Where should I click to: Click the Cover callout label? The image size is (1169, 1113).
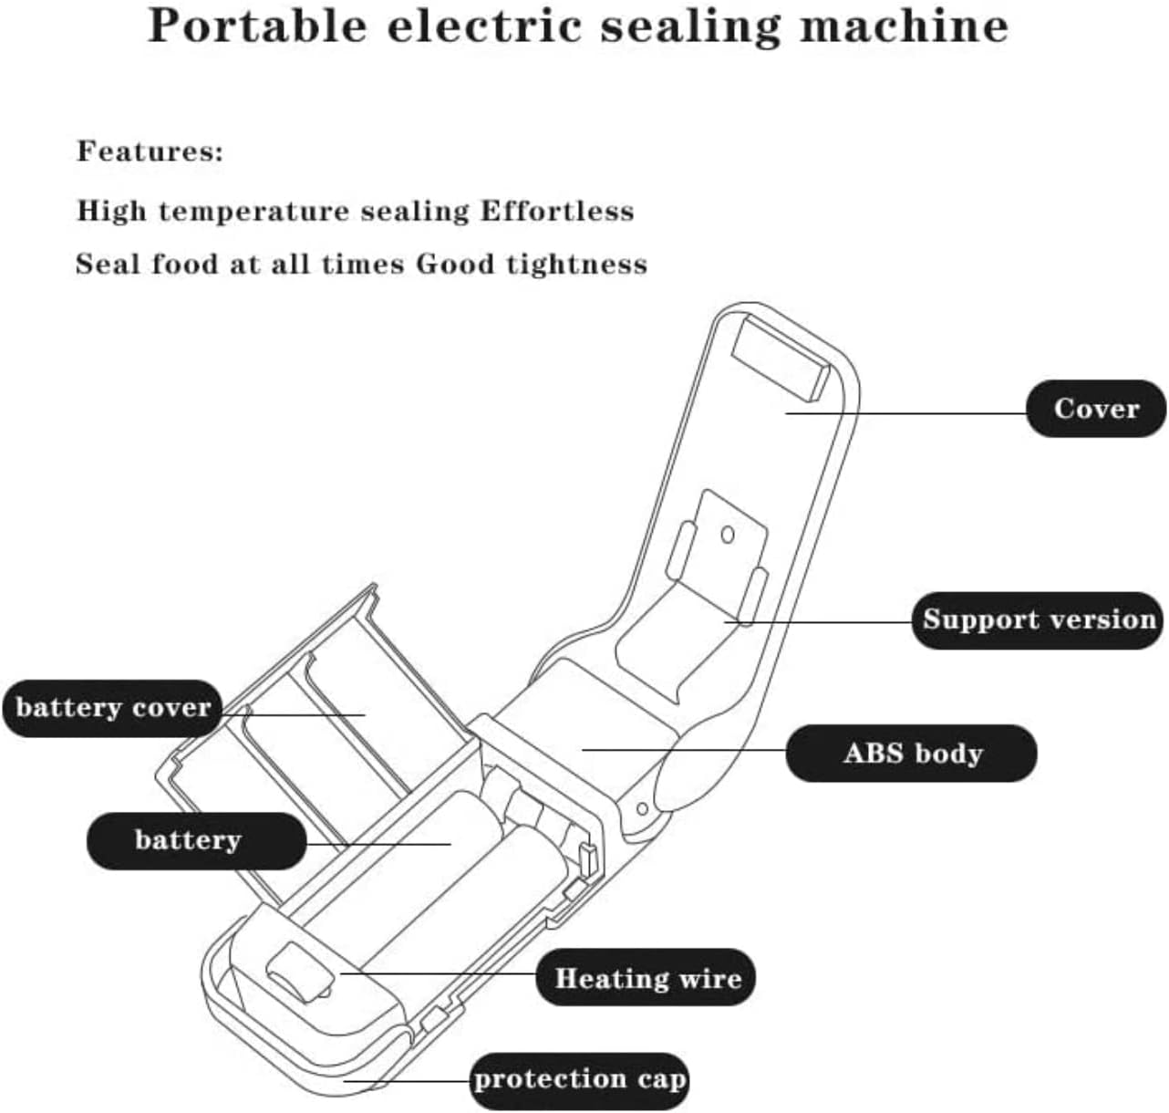1096,409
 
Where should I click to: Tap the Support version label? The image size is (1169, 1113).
1038,620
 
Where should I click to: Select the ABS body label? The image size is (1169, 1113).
911,754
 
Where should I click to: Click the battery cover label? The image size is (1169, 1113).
112,708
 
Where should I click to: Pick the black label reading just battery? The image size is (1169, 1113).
188,840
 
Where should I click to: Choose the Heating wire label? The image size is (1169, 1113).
647,979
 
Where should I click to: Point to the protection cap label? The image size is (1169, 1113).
579,1080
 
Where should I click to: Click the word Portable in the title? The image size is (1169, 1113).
257,26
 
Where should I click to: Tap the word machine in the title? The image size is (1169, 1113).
904,26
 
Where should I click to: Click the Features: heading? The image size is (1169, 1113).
150,151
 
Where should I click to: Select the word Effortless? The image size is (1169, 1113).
556,211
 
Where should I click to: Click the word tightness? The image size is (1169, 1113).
576,265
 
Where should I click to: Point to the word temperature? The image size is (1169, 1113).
253,212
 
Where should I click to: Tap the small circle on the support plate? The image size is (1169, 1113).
727,535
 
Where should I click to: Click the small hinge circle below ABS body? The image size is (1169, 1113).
642,808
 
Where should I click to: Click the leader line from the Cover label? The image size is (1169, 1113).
912,413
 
